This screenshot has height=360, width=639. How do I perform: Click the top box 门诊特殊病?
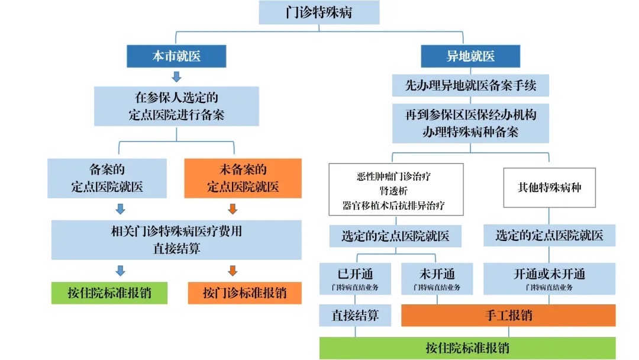point(319,12)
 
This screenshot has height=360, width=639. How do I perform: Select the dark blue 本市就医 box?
point(176,57)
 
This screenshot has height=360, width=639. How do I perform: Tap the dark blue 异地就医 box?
point(470,57)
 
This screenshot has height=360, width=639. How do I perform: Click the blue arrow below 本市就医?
point(176,77)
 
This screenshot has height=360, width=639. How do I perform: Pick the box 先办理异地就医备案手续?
point(470,86)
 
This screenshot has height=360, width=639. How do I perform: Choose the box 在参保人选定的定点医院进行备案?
point(176,106)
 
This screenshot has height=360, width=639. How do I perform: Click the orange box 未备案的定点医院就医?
point(243,178)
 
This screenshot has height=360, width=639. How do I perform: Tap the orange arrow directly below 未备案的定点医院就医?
point(233,208)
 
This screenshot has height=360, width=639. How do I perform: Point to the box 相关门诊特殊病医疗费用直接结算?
point(176,240)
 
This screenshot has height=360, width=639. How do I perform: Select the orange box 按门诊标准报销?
point(244,293)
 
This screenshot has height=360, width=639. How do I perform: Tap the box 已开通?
point(355,279)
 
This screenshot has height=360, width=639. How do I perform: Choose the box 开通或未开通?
point(549,279)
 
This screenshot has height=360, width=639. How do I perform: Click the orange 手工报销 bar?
point(508,315)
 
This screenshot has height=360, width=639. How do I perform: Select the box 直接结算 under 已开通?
point(355,315)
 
